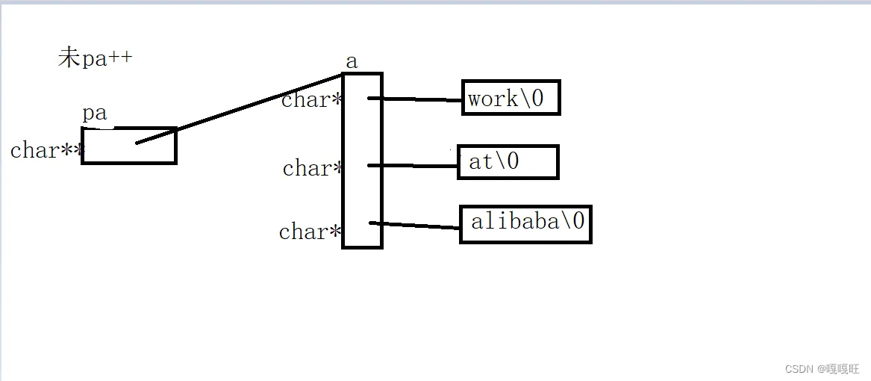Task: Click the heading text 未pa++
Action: (95, 58)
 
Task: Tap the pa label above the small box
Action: (94, 114)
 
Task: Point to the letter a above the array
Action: (352, 61)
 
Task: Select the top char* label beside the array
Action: (310, 100)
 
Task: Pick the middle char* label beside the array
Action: (312, 169)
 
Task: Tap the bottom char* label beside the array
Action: (309, 232)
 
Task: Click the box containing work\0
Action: (511, 98)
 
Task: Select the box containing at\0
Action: (508, 162)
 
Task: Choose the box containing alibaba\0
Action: (525, 223)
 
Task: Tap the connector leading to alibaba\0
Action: (415, 225)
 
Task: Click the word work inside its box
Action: (493, 99)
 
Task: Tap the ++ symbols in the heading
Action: (120, 58)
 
